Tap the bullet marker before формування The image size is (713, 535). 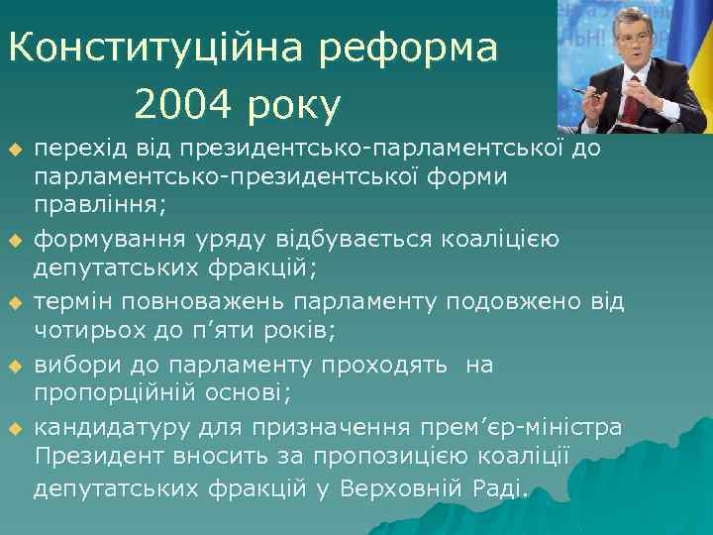(14, 240)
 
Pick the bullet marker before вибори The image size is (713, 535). (14, 367)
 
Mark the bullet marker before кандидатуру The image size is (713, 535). (14, 428)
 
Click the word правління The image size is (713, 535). (99, 205)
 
